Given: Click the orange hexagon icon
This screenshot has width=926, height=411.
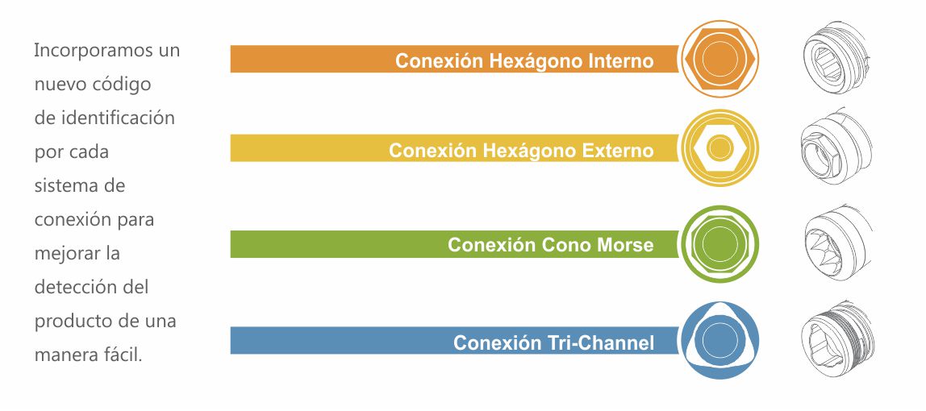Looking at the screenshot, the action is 720,59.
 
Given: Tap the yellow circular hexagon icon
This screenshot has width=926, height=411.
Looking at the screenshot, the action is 720,147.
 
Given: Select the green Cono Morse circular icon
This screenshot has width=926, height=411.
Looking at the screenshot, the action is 720,243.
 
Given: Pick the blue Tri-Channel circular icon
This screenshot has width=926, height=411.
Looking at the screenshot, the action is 720,340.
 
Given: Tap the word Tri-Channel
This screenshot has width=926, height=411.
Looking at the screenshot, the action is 603,342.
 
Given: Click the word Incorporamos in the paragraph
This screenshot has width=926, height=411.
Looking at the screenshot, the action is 87,51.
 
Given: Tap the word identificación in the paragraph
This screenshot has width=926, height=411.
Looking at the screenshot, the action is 118,118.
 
